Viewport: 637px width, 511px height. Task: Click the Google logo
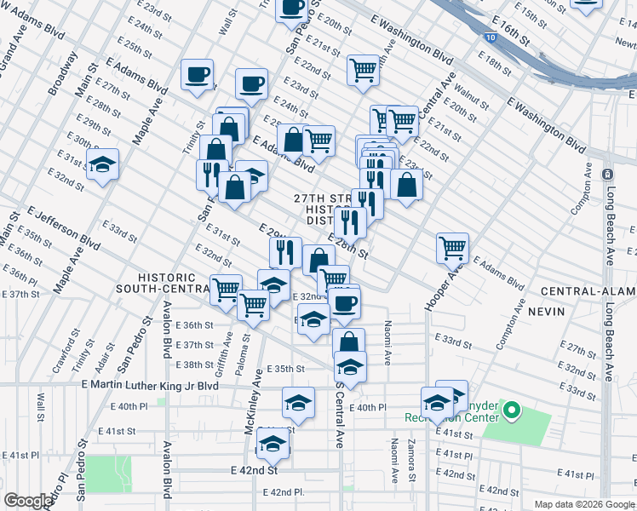point(27,502)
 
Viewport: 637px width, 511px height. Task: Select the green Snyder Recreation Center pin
point(511,412)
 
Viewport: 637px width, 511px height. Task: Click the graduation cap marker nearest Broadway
point(102,164)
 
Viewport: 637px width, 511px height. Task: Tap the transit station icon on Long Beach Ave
point(606,174)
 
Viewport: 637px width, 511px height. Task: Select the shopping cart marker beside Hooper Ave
point(452,248)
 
